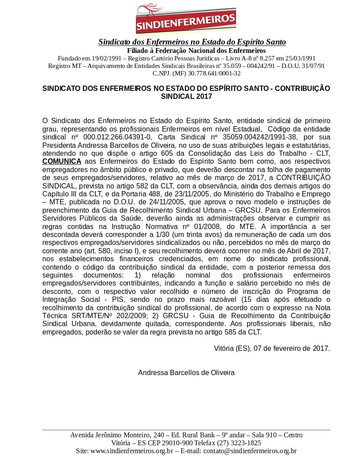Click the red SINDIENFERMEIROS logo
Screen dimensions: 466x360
186,19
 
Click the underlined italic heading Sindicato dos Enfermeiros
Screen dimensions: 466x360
192,42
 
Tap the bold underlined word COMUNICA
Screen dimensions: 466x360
62,162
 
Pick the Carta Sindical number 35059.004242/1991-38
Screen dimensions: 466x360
259,137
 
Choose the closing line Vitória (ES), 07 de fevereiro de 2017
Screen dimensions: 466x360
272,348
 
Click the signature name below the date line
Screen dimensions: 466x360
186,372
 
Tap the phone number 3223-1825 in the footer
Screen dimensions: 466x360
246,443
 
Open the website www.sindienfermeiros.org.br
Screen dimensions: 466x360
131,451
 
